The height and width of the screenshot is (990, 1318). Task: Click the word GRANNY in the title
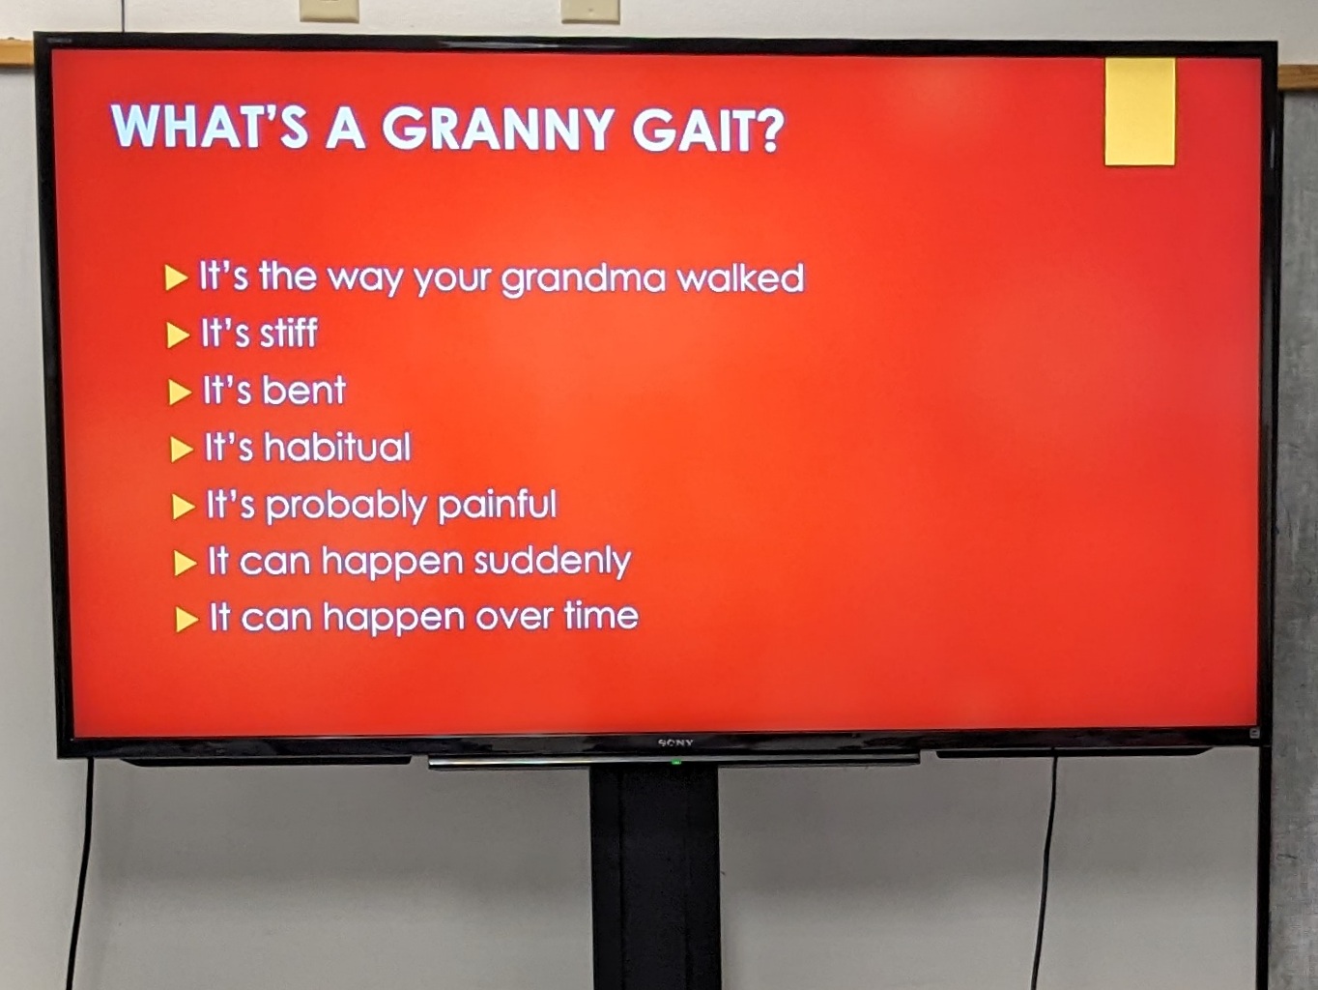pos(481,129)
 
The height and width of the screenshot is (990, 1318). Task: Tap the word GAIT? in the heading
pos(708,130)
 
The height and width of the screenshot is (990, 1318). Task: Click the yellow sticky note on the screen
pos(1139,112)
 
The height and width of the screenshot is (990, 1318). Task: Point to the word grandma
pos(583,280)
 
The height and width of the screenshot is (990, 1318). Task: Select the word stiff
pos(288,333)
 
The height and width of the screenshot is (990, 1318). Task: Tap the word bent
pos(303,390)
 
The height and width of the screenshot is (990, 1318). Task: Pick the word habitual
pos(338,447)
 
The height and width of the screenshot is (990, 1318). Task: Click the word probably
pos(346,506)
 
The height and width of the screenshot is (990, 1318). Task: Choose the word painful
pos(498,504)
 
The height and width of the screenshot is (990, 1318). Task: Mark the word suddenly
pos(553,562)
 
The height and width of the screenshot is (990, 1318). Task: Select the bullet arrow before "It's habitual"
pos(182,450)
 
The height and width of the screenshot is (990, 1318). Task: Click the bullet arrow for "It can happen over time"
pos(186,620)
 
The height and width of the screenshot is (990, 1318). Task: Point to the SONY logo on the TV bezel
pos(675,743)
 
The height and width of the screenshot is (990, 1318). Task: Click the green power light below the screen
pos(676,763)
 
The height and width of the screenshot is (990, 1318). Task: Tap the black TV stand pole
pos(655,878)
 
